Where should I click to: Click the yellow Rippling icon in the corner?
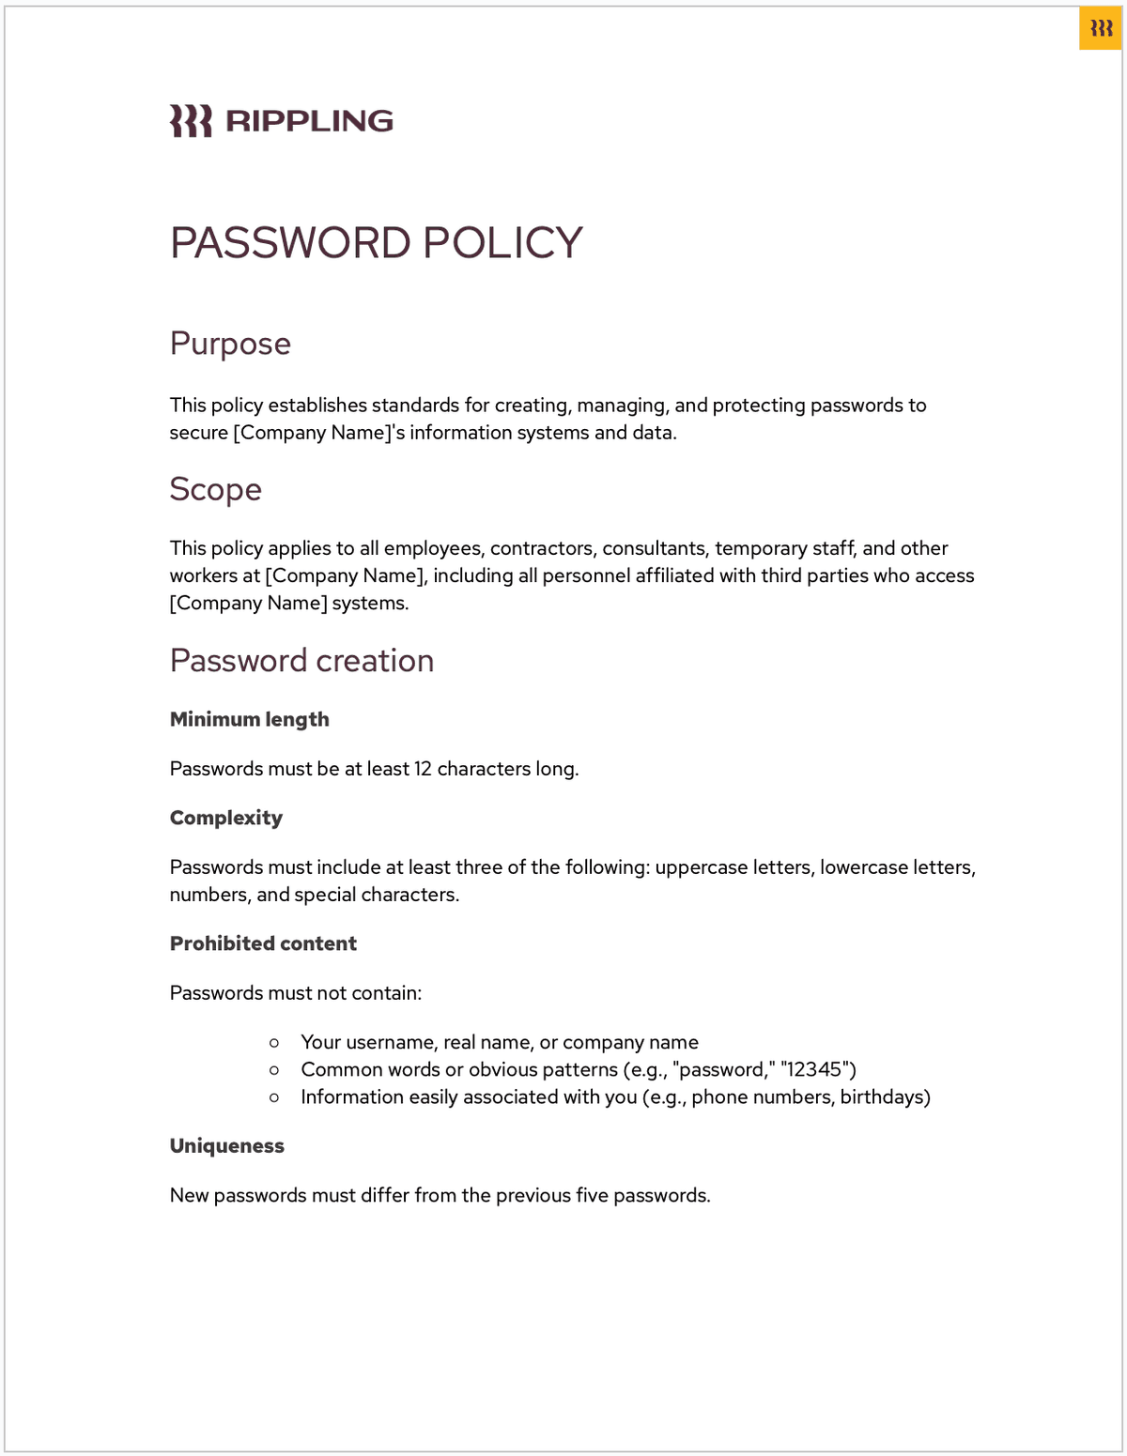[x=1101, y=29]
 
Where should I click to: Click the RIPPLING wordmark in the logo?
[x=309, y=121]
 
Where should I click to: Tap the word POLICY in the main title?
[x=502, y=243]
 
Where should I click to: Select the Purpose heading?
[x=230, y=344]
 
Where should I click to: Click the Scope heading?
[x=215, y=489]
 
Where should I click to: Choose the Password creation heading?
[x=301, y=661]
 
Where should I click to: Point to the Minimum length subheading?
[x=249, y=719]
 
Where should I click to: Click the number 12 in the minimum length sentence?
[x=423, y=769]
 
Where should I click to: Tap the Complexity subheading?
[x=225, y=818]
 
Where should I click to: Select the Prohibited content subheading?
[x=263, y=943]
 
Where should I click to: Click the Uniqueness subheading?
[x=226, y=1145]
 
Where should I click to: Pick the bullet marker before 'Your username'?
[x=274, y=1042]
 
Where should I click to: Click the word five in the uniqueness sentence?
[x=593, y=1195]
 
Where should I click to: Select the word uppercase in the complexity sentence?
[x=697, y=867]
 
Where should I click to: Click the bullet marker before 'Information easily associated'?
[x=274, y=1096]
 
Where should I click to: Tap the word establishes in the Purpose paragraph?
[x=317, y=406]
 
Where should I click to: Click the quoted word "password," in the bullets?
[x=722, y=1069]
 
